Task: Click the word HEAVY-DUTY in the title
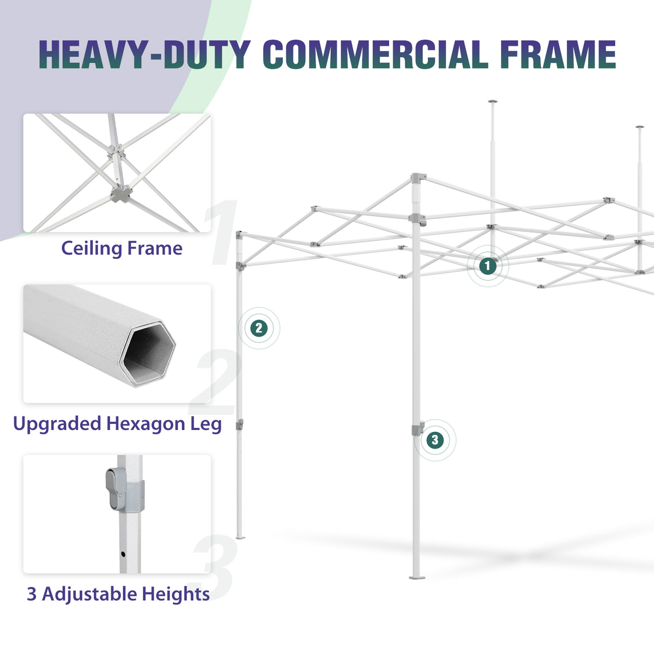[x=144, y=55]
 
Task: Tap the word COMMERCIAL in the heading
[x=376, y=55]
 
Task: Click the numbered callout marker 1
[x=488, y=266]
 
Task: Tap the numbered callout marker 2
[x=259, y=328]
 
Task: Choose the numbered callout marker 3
[x=435, y=440]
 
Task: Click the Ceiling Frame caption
[x=122, y=249]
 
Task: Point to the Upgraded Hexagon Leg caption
[x=117, y=424]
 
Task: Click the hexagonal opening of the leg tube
[x=148, y=354]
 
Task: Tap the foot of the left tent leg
[x=240, y=537]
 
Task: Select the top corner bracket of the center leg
[x=418, y=178]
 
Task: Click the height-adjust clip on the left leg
[x=240, y=424]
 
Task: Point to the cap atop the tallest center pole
[x=493, y=101]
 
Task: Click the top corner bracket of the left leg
[x=239, y=234]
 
